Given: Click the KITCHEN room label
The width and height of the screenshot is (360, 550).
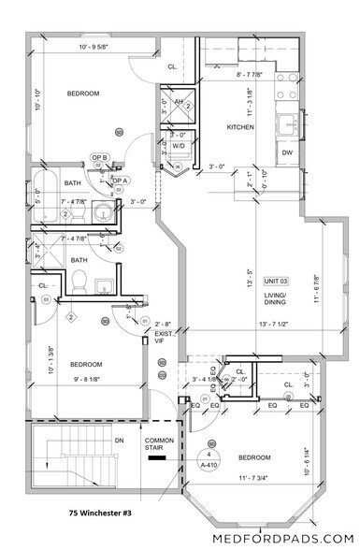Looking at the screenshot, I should [241, 126].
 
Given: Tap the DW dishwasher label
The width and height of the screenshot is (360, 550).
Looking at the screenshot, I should [286, 152].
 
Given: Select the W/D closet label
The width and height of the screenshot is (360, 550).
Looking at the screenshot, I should [179, 146].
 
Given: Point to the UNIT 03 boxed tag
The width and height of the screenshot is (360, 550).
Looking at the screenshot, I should [276, 281].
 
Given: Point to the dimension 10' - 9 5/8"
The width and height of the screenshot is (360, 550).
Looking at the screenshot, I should [98, 46].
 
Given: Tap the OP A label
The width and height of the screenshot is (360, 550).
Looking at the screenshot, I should [120, 180].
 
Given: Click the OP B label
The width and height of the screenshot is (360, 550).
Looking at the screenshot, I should [99, 157].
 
